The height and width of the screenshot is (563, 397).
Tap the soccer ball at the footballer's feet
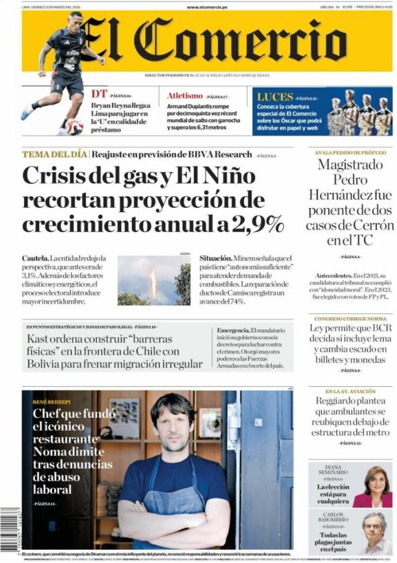[73, 126]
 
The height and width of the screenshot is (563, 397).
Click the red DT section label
[99, 94]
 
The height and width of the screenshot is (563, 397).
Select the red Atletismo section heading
[185, 96]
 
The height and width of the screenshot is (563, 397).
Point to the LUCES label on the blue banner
[274, 97]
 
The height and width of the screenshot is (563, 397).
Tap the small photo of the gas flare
[153, 281]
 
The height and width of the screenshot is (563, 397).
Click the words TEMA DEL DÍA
[54, 155]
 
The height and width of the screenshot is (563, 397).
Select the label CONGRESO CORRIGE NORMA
[350, 318]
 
